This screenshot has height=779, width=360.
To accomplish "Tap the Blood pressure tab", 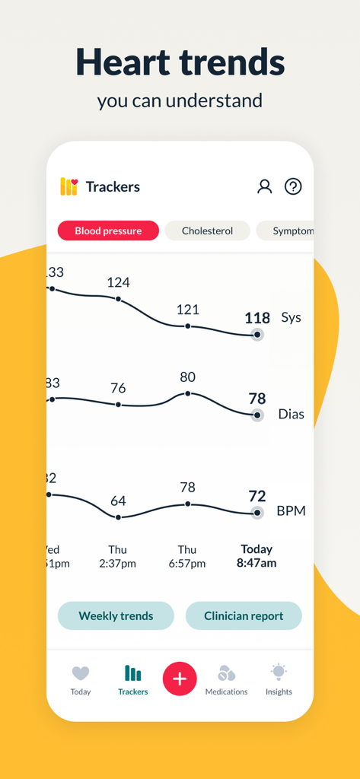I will [x=108, y=231].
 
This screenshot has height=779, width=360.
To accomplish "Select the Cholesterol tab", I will [x=207, y=231].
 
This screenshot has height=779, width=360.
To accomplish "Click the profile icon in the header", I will [x=264, y=186].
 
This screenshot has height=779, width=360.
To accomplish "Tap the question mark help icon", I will [x=293, y=186].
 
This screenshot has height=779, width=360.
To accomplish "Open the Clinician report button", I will [x=244, y=615].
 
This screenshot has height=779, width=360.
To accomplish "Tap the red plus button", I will [x=180, y=679].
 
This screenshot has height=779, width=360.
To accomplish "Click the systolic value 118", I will [x=257, y=318].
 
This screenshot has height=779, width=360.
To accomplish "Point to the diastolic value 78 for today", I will [x=257, y=399].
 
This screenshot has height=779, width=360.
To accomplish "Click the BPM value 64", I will [x=118, y=501].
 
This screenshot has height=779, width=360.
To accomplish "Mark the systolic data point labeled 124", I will [x=118, y=299].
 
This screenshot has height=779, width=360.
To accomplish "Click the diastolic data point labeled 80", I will [x=188, y=393].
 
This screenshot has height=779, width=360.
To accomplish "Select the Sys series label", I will [x=292, y=317].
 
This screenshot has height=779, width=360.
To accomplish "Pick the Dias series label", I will [x=292, y=414].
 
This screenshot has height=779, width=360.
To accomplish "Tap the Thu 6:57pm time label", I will [x=187, y=556].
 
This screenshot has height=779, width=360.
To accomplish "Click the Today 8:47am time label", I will [x=256, y=556].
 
